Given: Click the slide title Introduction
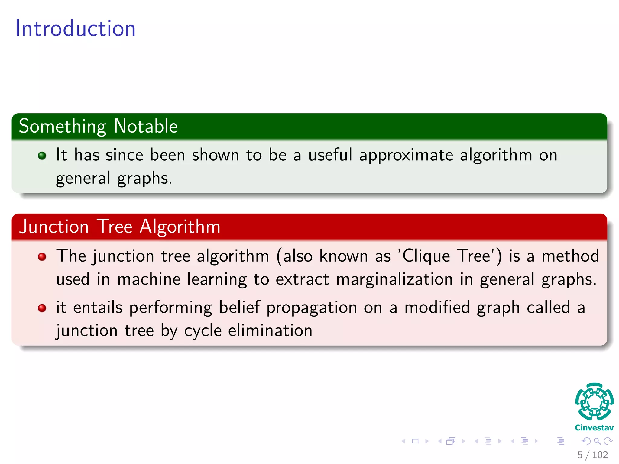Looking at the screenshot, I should pyautogui.click(x=75, y=28).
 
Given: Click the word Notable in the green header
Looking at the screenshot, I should pyautogui.click(x=146, y=126).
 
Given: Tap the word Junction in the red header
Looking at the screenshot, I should pyautogui.click(x=54, y=227).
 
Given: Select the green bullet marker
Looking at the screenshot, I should pyautogui.click(x=42, y=156).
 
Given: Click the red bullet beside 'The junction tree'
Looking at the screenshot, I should pyautogui.click(x=42, y=257).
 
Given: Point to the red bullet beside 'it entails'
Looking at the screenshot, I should pyautogui.click(x=42, y=308).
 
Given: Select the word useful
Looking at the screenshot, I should pyautogui.click(x=330, y=155).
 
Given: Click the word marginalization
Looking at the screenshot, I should pyautogui.click(x=394, y=279).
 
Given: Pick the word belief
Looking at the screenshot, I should pyautogui.click(x=239, y=308).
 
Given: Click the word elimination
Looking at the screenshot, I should pyautogui.click(x=270, y=330).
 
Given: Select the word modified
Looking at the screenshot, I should pyautogui.click(x=437, y=308).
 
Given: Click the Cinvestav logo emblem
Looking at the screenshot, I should pyautogui.click(x=594, y=402).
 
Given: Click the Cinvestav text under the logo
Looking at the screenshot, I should pyautogui.click(x=594, y=428).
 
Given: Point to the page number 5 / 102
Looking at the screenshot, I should pyautogui.click(x=592, y=455).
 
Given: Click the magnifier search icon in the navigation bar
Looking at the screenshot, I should pyautogui.click(x=597, y=441).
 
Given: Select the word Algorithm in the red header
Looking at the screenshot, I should pyautogui.click(x=180, y=227).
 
